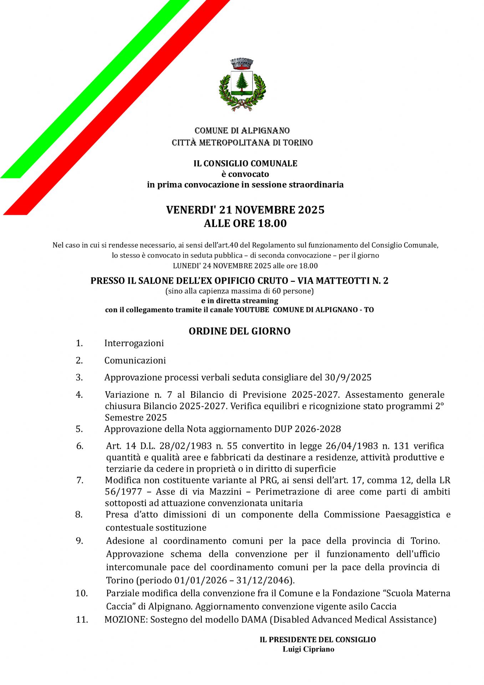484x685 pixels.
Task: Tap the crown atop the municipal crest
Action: (242, 64)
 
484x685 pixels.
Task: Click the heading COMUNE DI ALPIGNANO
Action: (242, 131)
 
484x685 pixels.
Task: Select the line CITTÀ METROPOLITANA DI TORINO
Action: (242, 143)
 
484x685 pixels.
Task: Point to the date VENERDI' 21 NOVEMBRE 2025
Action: (245, 210)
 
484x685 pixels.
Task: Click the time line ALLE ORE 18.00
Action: (245, 223)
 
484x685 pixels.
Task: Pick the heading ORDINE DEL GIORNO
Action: (239, 331)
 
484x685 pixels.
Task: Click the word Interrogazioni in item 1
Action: (134, 343)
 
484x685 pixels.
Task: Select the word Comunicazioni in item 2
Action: (135, 360)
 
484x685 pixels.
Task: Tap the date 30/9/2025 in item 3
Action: (348, 377)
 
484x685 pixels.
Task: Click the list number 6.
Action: (80, 446)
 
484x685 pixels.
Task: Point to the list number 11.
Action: (82, 619)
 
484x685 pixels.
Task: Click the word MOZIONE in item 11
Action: (126, 620)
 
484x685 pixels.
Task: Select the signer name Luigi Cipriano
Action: (308, 649)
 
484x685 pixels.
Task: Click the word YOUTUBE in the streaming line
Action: (252, 310)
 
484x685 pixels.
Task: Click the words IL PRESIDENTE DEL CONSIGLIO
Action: (317, 640)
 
